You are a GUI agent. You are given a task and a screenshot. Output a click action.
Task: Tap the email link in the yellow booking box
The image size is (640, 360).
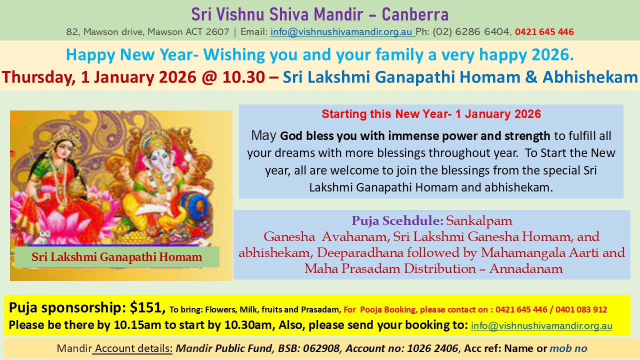click(541, 326)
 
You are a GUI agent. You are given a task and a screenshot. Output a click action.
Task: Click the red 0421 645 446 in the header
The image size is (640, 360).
click(544, 32)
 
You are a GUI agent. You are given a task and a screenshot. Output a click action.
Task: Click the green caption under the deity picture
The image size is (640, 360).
click(116, 257)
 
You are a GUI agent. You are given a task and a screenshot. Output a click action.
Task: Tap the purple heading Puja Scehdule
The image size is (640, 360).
click(397, 220)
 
